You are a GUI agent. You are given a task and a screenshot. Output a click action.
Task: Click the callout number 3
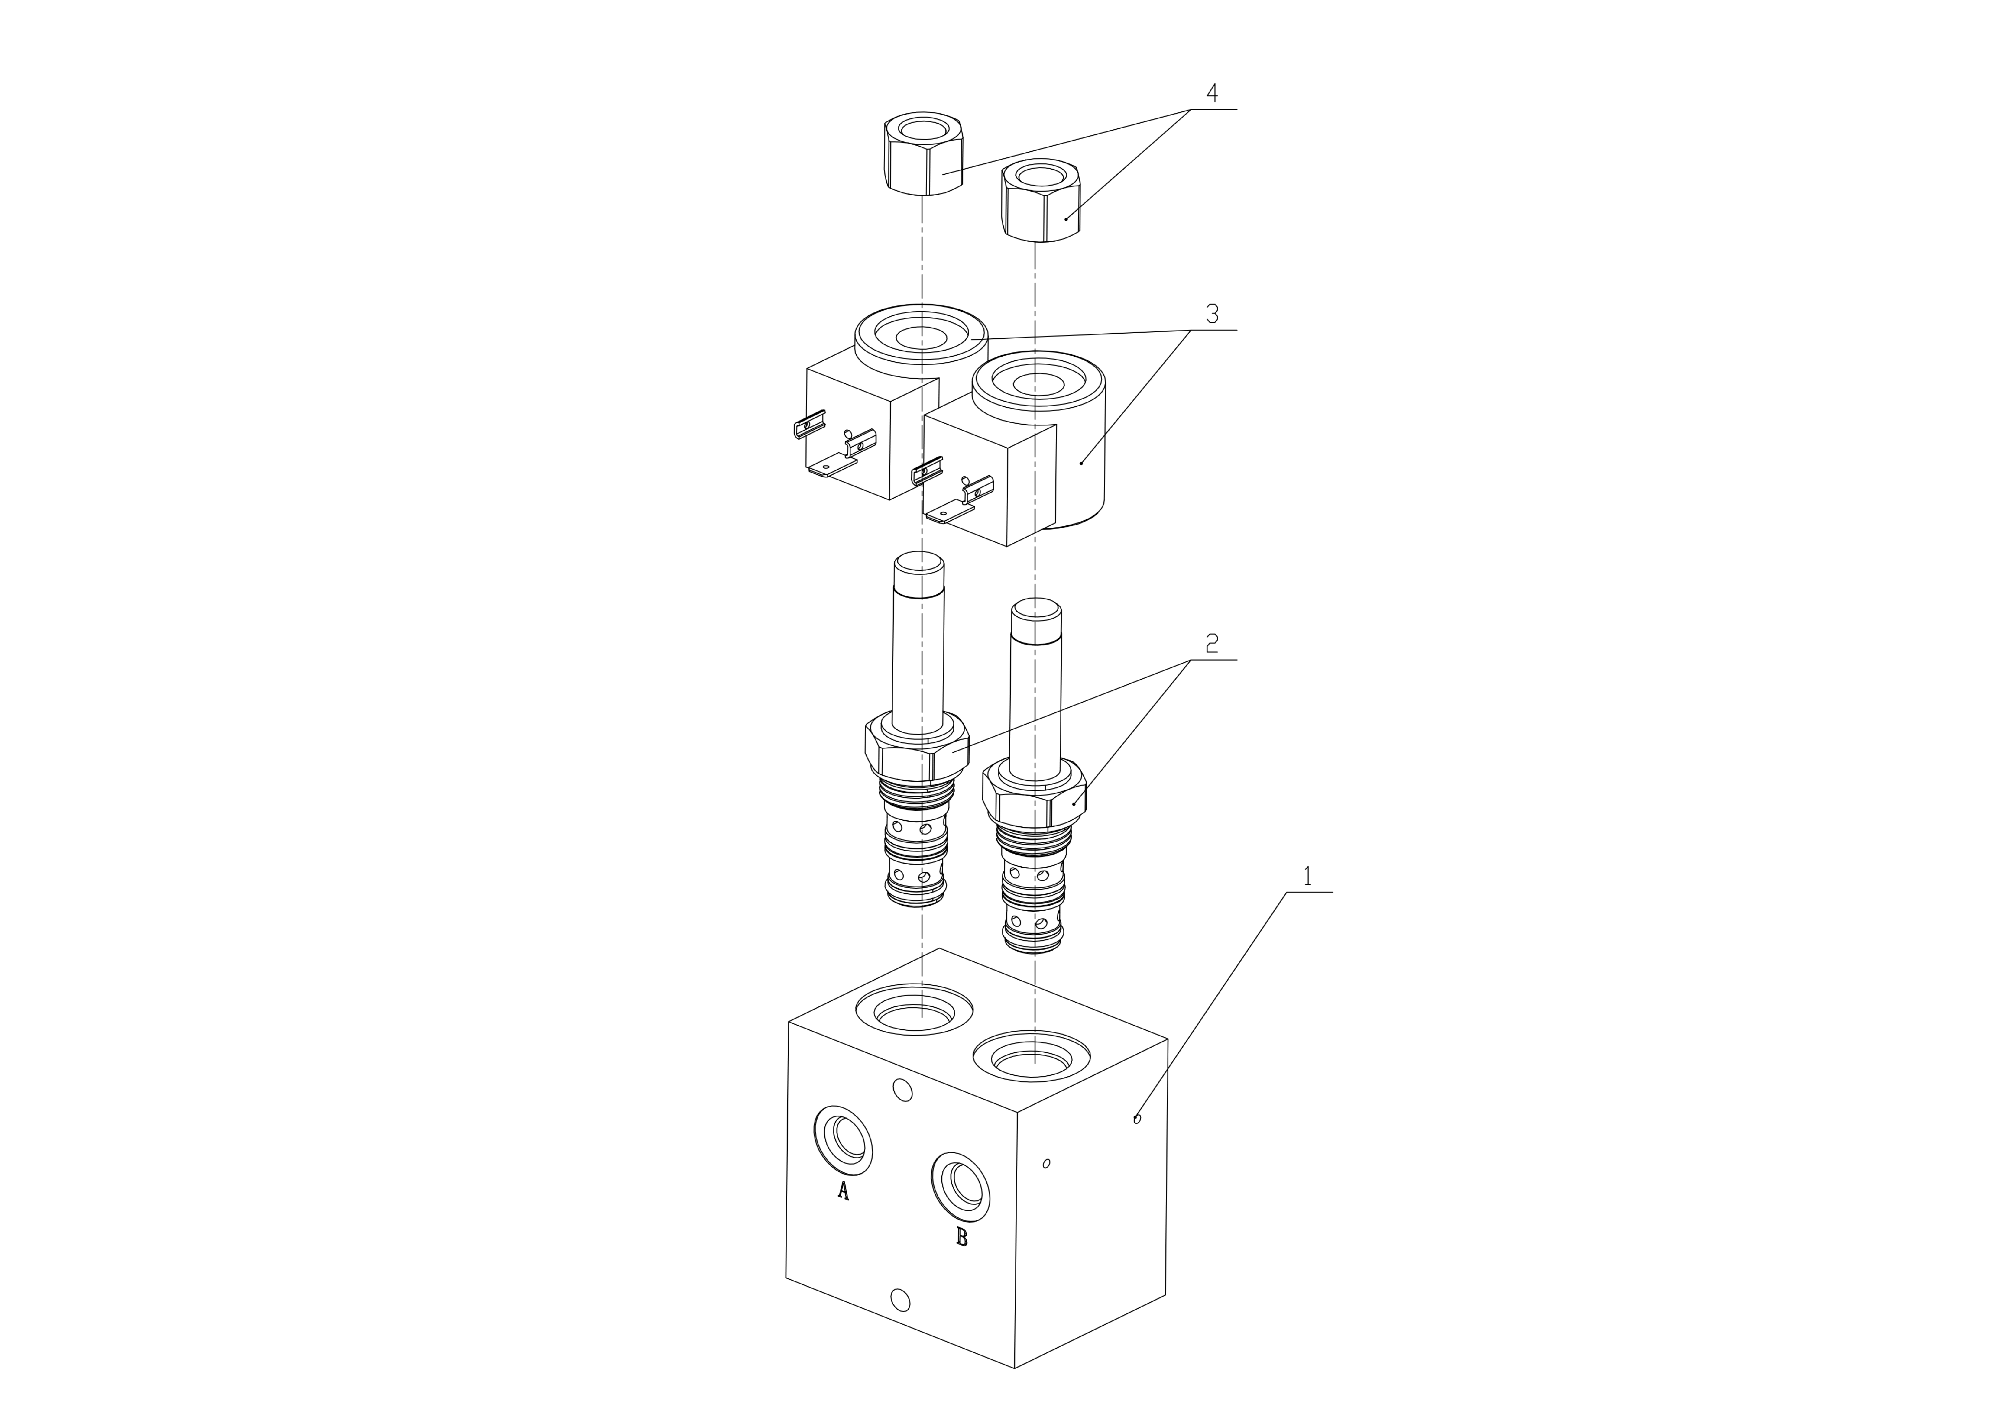pyautogui.click(x=1212, y=314)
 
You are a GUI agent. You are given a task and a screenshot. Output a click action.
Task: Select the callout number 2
pyautogui.click(x=1212, y=643)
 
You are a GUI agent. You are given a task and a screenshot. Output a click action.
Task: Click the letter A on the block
pyautogui.click(x=843, y=1191)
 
